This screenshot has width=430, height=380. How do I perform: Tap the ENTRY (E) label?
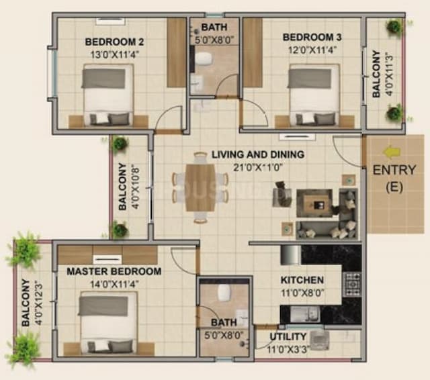[x=393, y=178]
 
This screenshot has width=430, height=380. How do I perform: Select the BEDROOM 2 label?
[x=115, y=41]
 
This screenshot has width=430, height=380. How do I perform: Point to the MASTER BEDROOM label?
[x=114, y=271]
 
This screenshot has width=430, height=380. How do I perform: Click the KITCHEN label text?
[x=302, y=279]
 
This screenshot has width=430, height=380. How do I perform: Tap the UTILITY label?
[x=288, y=336]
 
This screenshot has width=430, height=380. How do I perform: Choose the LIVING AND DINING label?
[x=258, y=154]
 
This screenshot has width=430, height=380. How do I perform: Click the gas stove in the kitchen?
[x=352, y=285]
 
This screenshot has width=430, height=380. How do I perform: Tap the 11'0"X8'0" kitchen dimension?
[x=302, y=293]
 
